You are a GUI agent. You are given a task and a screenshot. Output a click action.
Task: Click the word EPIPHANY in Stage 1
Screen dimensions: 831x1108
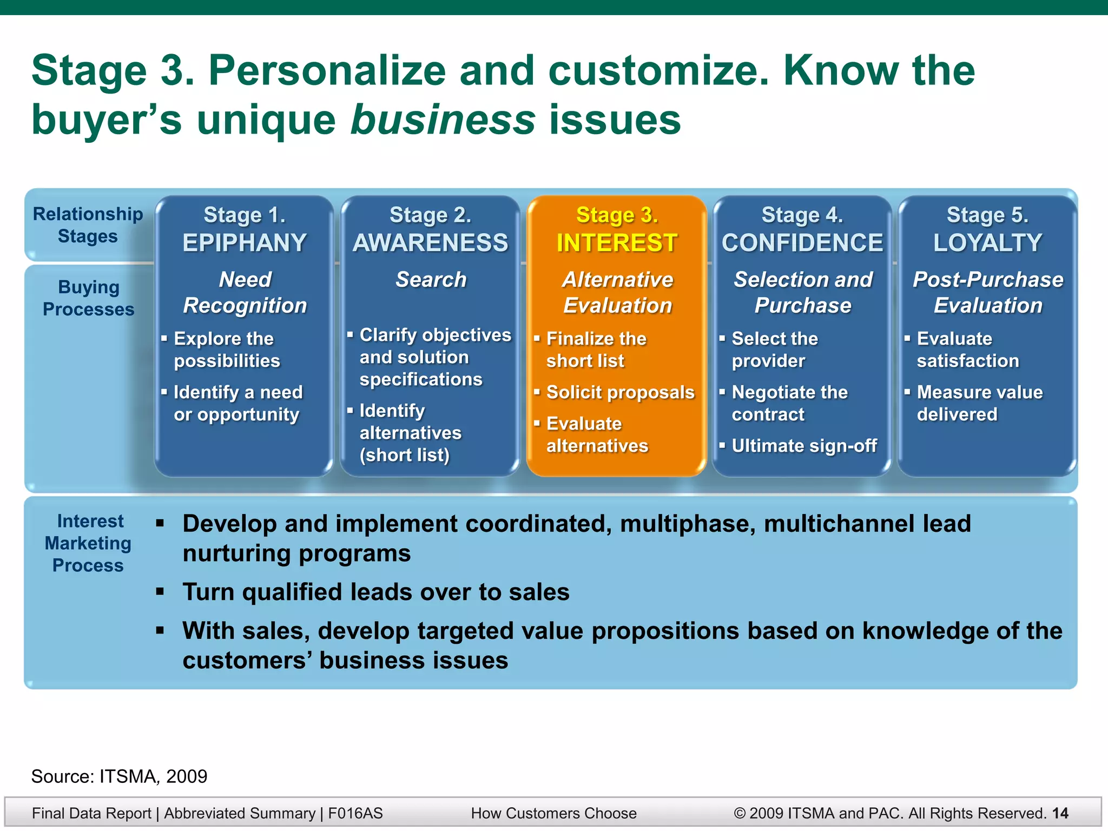click(x=245, y=243)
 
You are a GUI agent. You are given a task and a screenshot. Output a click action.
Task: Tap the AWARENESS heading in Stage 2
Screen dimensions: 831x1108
click(x=431, y=243)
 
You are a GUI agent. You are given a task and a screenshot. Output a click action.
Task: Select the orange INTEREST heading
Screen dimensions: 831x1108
click(x=617, y=243)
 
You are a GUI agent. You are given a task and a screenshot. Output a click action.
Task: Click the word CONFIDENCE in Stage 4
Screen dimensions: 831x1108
click(x=802, y=243)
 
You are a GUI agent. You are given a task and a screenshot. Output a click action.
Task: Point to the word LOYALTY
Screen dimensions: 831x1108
click(x=987, y=243)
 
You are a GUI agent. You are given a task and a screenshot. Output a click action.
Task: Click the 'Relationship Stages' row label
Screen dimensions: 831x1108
click(x=88, y=225)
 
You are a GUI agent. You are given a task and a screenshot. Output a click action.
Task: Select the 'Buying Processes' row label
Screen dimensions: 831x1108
click(x=88, y=298)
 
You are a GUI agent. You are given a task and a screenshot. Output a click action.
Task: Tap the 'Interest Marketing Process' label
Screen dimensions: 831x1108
click(x=88, y=543)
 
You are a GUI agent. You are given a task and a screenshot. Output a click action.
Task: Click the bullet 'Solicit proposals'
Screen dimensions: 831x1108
click(x=620, y=392)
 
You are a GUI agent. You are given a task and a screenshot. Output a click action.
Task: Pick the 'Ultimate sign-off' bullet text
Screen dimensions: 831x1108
click(x=804, y=446)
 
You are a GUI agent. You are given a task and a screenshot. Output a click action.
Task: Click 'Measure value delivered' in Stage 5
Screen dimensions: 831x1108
click(x=979, y=403)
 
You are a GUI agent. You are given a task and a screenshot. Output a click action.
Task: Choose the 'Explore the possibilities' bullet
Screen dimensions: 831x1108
click(x=227, y=349)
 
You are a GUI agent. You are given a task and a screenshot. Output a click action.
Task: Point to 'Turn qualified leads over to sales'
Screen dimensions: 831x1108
click(x=376, y=592)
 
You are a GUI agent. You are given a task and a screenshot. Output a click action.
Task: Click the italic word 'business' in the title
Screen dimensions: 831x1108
click(x=443, y=120)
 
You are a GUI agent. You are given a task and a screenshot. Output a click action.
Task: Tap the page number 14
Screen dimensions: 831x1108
click(x=1060, y=813)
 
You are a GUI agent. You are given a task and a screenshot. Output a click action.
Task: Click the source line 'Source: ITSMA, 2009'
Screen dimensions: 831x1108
click(x=119, y=776)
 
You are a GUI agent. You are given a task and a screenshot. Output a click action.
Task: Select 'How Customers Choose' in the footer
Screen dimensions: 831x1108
click(x=553, y=813)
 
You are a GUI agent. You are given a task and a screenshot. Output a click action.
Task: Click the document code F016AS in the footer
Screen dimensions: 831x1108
click(x=355, y=813)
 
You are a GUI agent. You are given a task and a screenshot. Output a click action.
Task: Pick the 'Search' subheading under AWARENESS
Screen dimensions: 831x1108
click(x=431, y=280)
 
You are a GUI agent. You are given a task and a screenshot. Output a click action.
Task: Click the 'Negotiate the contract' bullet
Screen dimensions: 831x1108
click(x=789, y=403)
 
